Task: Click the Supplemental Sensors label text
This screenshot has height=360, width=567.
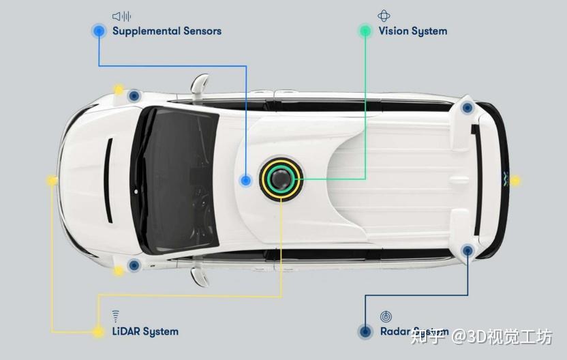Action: pos(166,31)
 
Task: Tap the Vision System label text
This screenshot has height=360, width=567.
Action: pos(412,31)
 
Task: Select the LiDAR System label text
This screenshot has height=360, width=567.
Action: pos(145,331)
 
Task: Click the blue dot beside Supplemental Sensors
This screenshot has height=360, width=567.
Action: pos(99,31)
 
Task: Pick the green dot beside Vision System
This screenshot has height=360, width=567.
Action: pos(365,31)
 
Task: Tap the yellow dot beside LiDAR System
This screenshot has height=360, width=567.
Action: pos(99,331)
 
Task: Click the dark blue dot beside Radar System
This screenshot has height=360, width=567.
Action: pos(365,331)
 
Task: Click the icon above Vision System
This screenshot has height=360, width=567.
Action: pos(384,16)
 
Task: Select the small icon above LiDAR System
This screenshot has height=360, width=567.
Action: pos(115,316)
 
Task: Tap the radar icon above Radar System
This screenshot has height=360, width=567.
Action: pos(386,316)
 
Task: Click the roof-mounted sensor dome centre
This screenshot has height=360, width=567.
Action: pos(279,180)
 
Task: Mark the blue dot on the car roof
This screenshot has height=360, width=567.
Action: pos(246,180)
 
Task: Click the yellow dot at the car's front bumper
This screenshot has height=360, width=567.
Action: pos(52,181)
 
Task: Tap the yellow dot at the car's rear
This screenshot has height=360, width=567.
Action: pos(515,181)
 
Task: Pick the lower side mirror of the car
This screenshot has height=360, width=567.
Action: pos(198,275)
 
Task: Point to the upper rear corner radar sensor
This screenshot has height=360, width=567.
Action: pos(467,107)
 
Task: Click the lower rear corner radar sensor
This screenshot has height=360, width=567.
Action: pos(468,251)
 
